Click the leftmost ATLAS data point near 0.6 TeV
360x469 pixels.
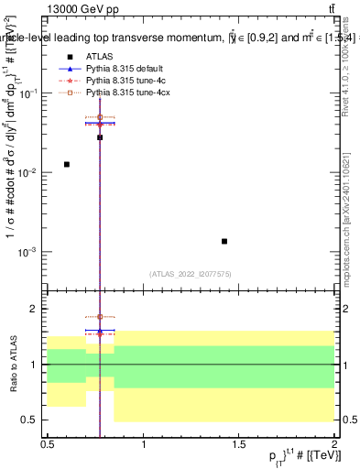pos(67,164)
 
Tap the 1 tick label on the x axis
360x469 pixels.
pos(144,444)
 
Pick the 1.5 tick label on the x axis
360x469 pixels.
pos(239,444)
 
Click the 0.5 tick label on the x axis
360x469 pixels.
pos(48,444)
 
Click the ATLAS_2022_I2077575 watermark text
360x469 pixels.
pos(191,273)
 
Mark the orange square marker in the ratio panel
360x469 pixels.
pos(100,317)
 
